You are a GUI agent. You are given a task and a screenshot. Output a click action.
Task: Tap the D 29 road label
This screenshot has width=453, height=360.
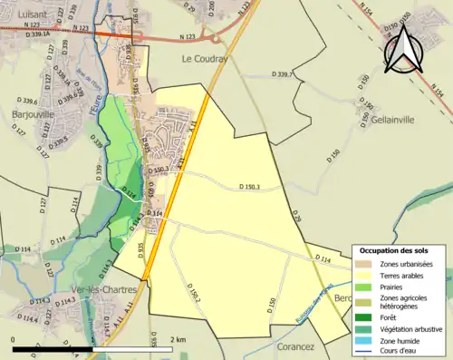296,216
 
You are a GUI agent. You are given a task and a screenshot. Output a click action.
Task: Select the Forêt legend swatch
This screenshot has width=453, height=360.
365,316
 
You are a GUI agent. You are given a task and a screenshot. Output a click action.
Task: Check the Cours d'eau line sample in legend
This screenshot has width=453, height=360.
365,351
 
